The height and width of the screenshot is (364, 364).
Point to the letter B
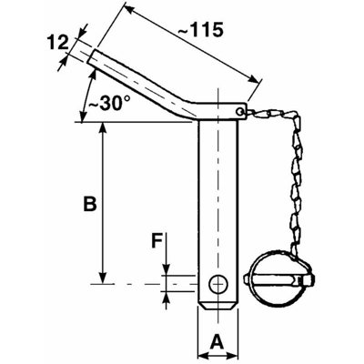(x=89, y=205)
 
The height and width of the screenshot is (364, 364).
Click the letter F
(x=157, y=242)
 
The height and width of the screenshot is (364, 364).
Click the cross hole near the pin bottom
(x=217, y=284)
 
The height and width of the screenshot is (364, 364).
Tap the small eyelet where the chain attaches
(x=240, y=111)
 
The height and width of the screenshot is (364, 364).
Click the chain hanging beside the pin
(x=296, y=182)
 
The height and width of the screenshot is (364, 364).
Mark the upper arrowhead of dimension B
(x=103, y=127)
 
